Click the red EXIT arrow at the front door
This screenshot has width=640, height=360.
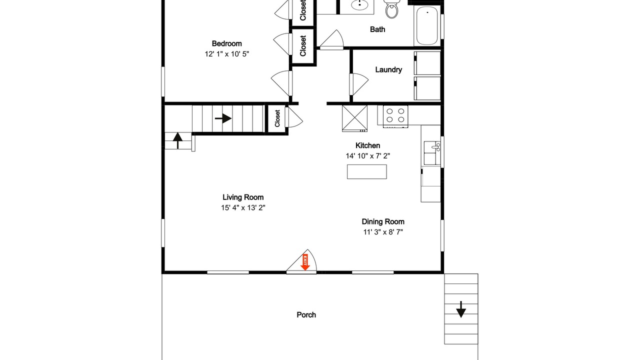(x=305, y=262)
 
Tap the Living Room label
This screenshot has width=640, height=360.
(x=243, y=197)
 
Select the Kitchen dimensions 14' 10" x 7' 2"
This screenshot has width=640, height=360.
(x=367, y=156)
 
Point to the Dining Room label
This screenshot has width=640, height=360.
(x=383, y=221)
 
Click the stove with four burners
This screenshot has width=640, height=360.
(x=395, y=116)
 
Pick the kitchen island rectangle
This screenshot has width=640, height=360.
(x=367, y=171)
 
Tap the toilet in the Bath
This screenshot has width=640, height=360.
(x=391, y=9)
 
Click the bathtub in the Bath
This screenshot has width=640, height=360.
(x=427, y=25)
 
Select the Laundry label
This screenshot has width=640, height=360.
(x=388, y=69)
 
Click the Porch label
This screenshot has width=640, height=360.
(x=306, y=315)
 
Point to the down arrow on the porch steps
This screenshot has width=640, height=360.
(x=461, y=309)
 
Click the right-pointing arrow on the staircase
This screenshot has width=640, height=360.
(x=223, y=118)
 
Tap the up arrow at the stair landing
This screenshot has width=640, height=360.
(x=177, y=140)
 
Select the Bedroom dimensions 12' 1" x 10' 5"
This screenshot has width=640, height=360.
(x=227, y=54)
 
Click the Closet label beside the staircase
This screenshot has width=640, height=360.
(x=277, y=118)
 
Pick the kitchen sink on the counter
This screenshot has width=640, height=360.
(x=432, y=153)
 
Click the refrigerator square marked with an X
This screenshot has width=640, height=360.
(x=355, y=118)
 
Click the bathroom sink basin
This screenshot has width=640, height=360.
(x=359, y=5)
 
